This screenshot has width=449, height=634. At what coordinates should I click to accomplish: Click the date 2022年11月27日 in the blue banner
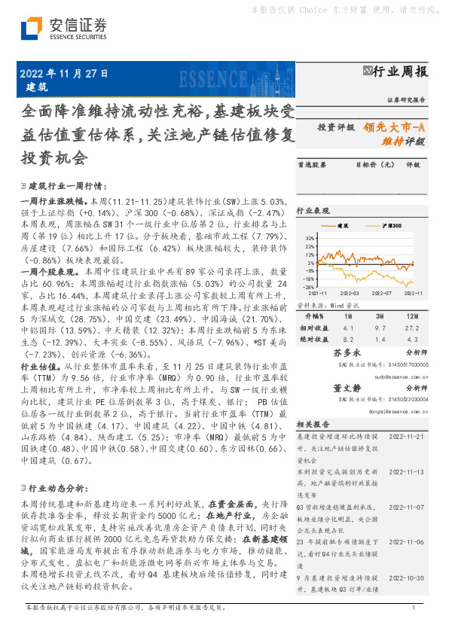pyautogui.click(x=63, y=74)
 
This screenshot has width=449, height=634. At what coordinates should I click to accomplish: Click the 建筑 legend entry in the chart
pyautogui.click(x=342, y=225)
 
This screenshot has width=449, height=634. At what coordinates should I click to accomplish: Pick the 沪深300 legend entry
pyautogui.click(x=392, y=225)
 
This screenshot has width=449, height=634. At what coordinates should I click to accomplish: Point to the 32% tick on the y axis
pyautogui.click(x=310, y=237)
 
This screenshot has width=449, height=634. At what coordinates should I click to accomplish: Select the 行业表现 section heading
pyautogui.click(x=315, y=211)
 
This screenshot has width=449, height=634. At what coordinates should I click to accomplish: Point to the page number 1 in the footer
pyautogui.click(x=414, y=626)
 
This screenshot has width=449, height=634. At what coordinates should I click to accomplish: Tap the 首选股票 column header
pyautogui.click(x=312, y=184)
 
